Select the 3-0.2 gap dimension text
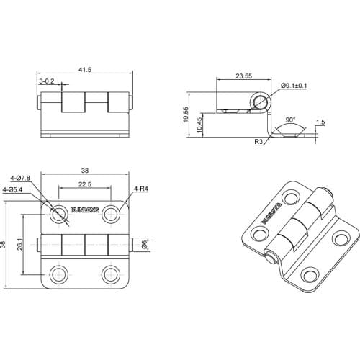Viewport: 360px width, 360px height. click(x=47, y=82)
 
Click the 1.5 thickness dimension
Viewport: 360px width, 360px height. click(x=320, y=122)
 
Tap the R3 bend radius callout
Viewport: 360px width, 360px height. click(x=258, y=143)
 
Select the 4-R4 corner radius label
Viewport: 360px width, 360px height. click(x=140, y=189)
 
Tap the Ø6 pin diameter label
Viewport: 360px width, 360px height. click(x=145, y=245)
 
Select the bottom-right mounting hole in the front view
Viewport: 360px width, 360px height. click(x=110, y=274)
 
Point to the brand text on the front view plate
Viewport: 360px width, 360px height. click(x=84, y=212)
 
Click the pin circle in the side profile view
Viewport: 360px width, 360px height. click(x=258, y=102)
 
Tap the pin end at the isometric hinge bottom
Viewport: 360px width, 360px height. click(x=270, y=257)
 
